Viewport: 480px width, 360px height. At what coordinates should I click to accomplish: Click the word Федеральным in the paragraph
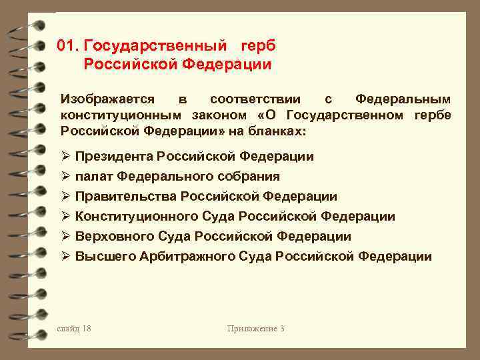coord(403,99)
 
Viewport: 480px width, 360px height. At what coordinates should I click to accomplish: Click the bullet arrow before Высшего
coord(65,257)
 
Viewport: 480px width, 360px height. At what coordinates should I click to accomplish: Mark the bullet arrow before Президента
coord(65,157)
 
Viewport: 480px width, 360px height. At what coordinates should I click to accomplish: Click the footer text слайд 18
coord(75,329)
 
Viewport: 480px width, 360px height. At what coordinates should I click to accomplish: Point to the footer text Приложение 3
coord(256,329)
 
